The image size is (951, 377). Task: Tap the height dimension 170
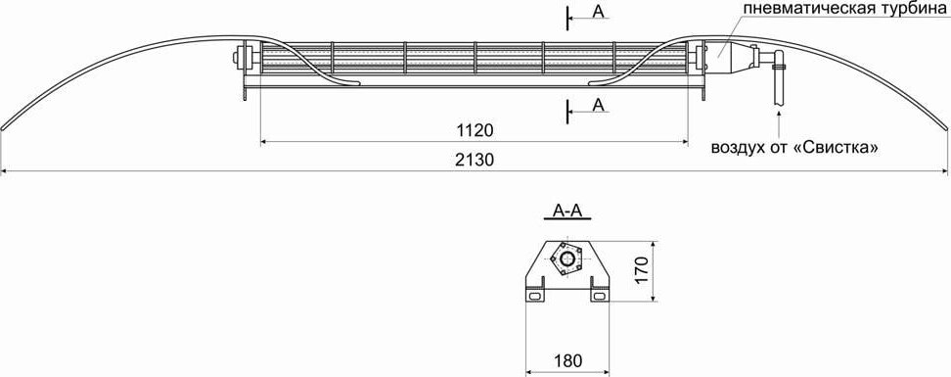click(644, 269)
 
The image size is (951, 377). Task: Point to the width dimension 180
click(567, 360)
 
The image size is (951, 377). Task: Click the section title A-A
click(567, 211)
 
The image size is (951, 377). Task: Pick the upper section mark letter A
click(599, 12)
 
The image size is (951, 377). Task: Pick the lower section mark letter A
click(599, 105)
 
